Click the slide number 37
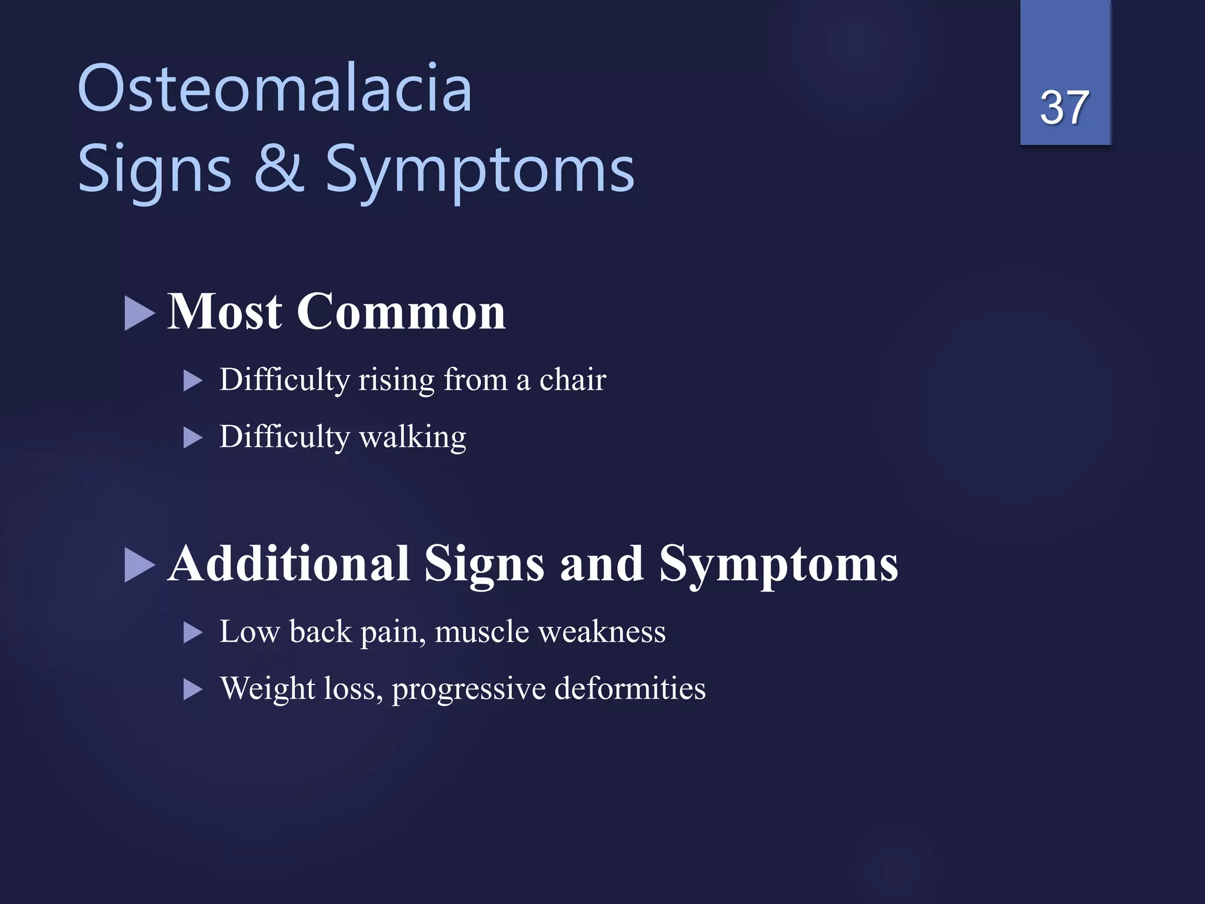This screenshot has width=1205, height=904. click(x=1064, y=108)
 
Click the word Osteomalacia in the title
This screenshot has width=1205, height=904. click(x=275, y=89)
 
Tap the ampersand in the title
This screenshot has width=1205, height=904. click(x=279, y=169)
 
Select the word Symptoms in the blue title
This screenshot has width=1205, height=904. click(x=480, y=171)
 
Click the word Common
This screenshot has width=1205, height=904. click(x=401, y=311)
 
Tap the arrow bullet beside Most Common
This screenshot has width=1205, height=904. click(x=139, y=313)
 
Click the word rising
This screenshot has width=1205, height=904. click(x=397, y=380)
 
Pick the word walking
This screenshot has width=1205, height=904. click(x=412, y=437)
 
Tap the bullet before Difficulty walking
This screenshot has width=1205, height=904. click(x=192, y=438)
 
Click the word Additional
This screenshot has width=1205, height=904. click(x=289, y=563)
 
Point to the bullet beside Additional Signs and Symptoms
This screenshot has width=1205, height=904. click(x=139, y=565)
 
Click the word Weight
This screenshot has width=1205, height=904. click(x=268, y=689)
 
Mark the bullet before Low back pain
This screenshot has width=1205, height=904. click(x=192, y=633)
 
